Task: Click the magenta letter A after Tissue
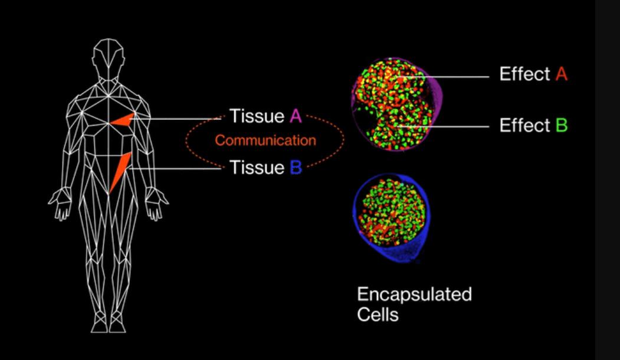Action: click(x=296, y=116)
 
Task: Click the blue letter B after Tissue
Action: click(x=296, y=168)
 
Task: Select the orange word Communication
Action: click(x=265, y=140)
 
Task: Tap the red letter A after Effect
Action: click(x=562, y=74)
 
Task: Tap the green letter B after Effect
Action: click(x=562, y=125)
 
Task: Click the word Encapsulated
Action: click(x=414, y=294)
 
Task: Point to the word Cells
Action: click(x=378, y=315)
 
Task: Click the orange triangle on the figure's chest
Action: click(x=123, y=120)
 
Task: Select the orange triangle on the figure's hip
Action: click(x=120, y=172)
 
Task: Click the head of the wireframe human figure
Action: click(x=108, y=58)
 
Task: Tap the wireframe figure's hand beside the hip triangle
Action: click(x=156, y=203)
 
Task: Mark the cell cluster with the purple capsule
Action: click(x=397, y=104)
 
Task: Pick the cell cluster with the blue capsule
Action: click(x=392, y=217)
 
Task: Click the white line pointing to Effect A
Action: click(x=447, y=77)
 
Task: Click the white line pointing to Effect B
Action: click(x=443, y=127)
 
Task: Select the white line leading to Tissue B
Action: click(x=175, y=169)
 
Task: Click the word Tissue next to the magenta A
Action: click(x=257, y=116)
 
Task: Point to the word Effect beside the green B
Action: click(x=524, y=125)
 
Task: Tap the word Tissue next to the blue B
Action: click(x=257, y=168)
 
